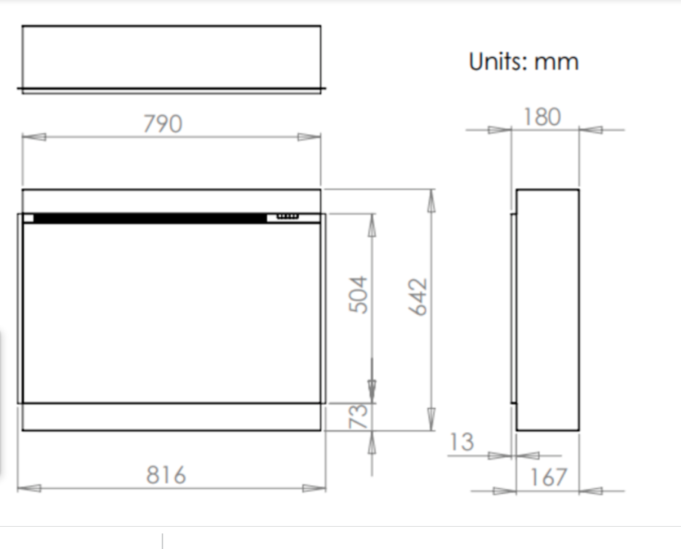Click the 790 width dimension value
tap(163, 124)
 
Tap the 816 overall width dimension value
tap(166, 475)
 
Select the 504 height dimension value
tap(359, 294)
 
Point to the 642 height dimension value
tap(418, 297)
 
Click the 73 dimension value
tap(359, 416)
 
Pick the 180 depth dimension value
tap(542, 117)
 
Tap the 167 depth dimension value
tap(548, 477)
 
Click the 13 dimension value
tap(461, 442)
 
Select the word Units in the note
tap(499, 61)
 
